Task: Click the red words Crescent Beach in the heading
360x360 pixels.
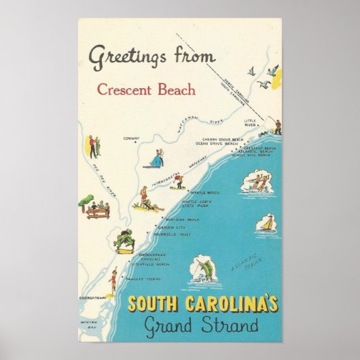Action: pyautogui.click(x=146, y=89)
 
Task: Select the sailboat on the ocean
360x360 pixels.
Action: pyautogui.click(x=267, y=223)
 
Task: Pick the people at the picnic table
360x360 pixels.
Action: pyautogui.click(x=94, y=208)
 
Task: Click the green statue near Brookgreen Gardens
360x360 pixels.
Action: pyautogui.click(x=126, y=240)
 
